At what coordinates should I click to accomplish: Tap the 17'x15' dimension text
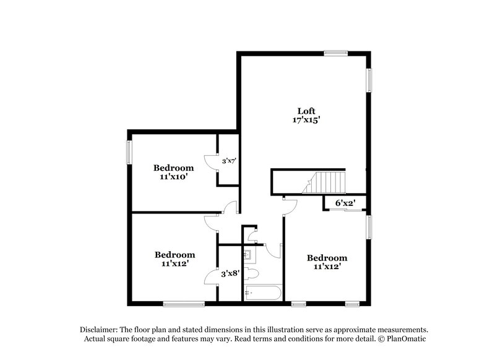coord(306,121)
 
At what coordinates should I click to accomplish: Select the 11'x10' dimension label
coord(173,177)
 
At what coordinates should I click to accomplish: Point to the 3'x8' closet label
coord(231,272)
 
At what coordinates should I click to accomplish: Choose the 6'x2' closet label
coord(345,202)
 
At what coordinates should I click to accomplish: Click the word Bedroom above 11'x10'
coord(173,168)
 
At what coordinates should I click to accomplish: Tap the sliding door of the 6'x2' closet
coord(345,211)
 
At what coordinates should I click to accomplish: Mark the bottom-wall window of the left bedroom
coord(184,303)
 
